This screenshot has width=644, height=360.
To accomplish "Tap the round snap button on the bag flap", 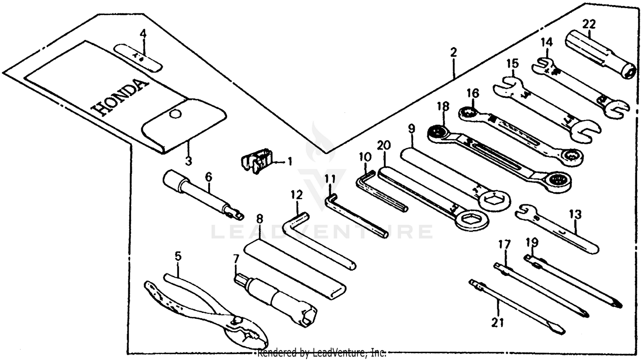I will [x=174, y=114].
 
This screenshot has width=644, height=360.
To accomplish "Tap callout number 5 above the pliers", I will [x=178, y=256].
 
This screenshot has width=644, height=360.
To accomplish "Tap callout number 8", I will [x=259, y=218].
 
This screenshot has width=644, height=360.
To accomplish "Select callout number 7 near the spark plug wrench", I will [x=235, y=259].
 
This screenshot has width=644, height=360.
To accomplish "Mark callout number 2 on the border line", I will [x=453, y=53].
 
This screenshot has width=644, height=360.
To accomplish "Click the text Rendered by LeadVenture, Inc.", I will [x=322, y=353].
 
